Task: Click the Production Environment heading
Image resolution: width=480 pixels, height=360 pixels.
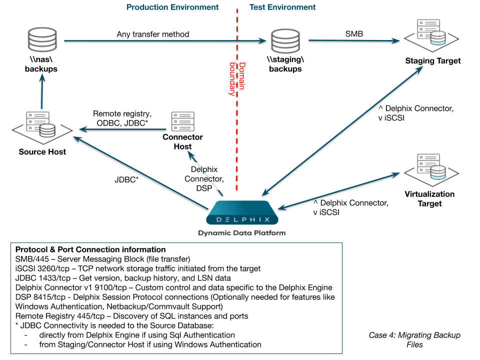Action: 172,7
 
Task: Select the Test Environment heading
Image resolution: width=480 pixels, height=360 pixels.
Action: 282,7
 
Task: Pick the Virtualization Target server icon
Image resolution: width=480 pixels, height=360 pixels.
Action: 429,168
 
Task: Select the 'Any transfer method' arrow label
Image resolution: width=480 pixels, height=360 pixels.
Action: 153,34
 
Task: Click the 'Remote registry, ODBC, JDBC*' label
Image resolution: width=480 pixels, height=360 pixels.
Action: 122,118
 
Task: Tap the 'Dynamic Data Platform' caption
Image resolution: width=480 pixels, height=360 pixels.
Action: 242,233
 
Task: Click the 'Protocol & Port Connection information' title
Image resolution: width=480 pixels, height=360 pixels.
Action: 90,249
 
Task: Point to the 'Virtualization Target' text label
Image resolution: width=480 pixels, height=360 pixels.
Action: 429,199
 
